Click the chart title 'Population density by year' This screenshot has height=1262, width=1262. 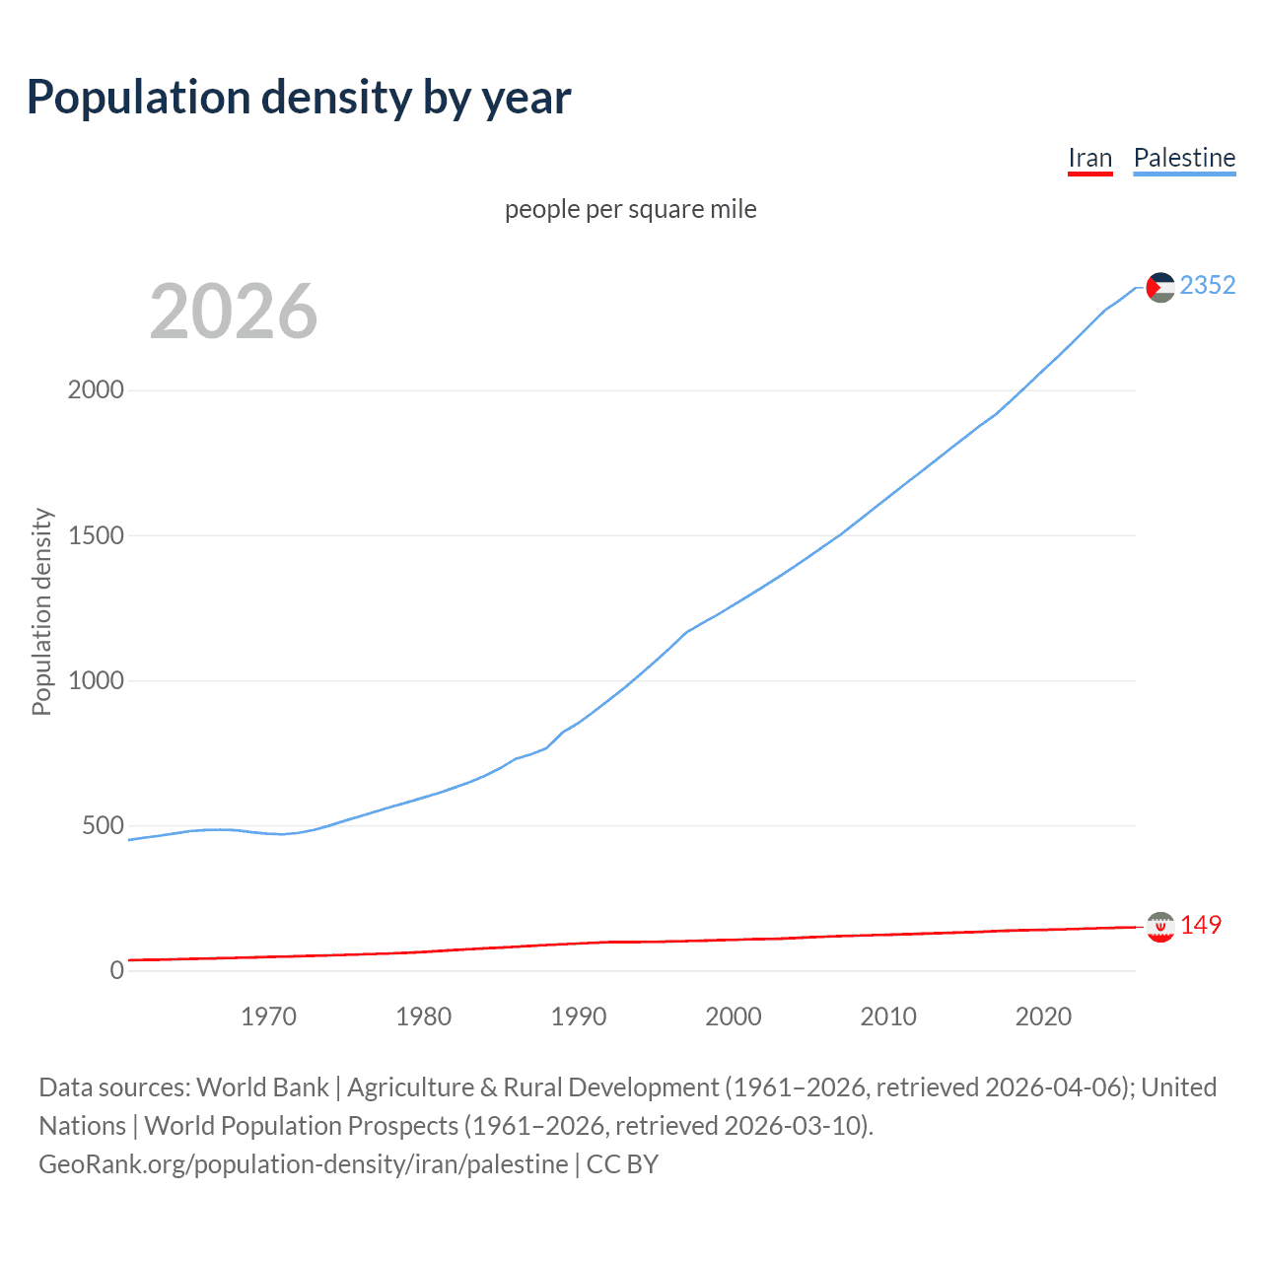pyautogui.click(x=299, y=98)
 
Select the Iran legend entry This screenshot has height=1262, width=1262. pyautogui.click(x=1089, y=159)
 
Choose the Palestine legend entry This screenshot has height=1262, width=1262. pyautogui.click(x=1184, y=159)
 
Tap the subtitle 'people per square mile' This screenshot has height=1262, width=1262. pyautogui.click(x=630, y=210)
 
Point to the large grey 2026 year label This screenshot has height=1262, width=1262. pyautogui.click(x=234, y=312)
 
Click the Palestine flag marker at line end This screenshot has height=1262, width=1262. pyautogui.click(x=1160, y=287)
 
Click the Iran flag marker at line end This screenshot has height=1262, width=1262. pyautogui.click(x=1160, y=927)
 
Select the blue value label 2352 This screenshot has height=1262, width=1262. pyautogui.click(x=1207, y=286)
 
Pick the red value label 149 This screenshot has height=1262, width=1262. pyautogui.click(x=1200, y=926)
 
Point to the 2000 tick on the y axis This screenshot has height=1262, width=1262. pyautogui.click(x=96, y=390)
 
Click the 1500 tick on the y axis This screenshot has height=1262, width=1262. pyautogui.click(x=96, y=536)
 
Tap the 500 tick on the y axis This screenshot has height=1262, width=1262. pyautogui.click(x=103, y=826)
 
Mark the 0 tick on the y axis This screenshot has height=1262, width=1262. pyautogui.click(x=117, y=971)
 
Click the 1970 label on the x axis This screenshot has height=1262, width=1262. pyautogui.click(x=268, y=1017)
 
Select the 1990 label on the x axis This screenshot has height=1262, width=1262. pyautogui.click(x=579, y=1017)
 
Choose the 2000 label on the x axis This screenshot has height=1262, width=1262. pyautogui.click(x=734, y=1017)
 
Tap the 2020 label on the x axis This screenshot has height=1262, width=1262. pyautogui.click(x=1043, y=1017)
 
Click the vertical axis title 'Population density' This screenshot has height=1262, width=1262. pyautogui.click(x=41, y=611)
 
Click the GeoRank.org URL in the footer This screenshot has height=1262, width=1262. pyautogui.click(x=303, y=1164)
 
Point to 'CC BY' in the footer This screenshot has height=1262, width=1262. pyautogui.click(x=622, y=1164)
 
